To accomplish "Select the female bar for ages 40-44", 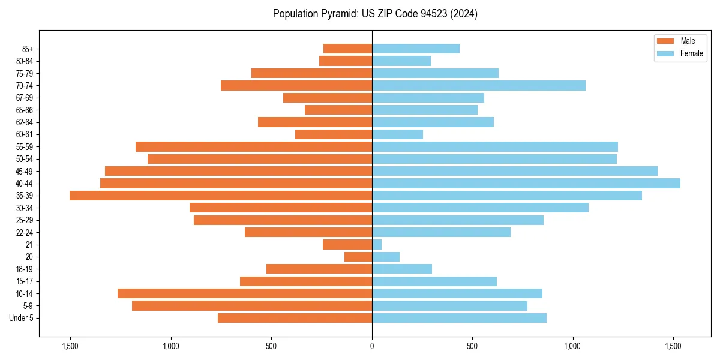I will (x=526, y=183).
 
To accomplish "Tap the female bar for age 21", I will (x=377, y=245).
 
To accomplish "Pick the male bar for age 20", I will (x=358, y=257).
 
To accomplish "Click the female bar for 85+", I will (x=416, y=49).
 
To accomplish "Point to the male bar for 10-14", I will (x=245, y=293).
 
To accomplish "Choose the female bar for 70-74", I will (x=479, y=85).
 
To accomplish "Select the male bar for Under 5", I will (x=295, y=318).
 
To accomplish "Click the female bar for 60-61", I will (x=397, y=134).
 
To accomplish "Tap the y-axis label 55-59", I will (x=25, y=147).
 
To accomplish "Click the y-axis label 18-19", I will (x=25, y=269).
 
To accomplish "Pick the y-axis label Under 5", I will (x=22, y=318).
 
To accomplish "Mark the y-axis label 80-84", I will (x=25, y=61).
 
